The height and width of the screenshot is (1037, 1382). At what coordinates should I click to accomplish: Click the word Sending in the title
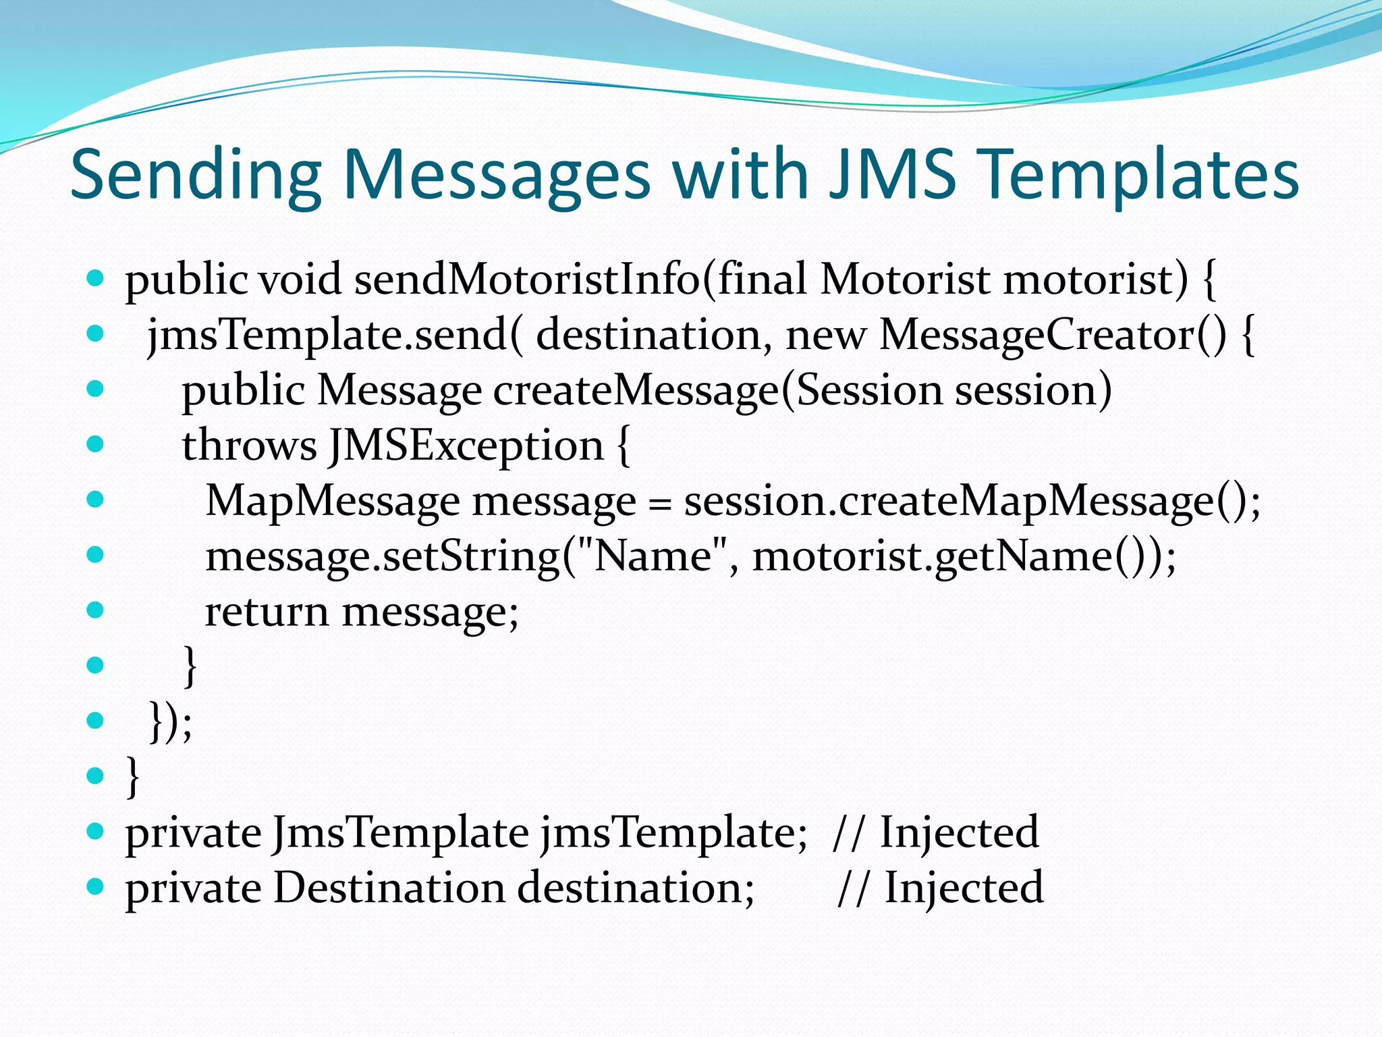pos(196,176)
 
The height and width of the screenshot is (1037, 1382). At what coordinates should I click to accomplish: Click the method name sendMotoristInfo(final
pos(580,280)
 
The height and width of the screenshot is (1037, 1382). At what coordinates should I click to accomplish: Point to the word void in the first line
pos(300,280)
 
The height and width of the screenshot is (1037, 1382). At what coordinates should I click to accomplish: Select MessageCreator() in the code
pos(1053,336)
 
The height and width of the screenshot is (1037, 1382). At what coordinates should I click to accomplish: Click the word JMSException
pos(466,446)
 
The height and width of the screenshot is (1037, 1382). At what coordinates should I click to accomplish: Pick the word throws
pos(249,446)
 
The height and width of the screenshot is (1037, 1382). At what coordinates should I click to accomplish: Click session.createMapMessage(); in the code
pos(972,502)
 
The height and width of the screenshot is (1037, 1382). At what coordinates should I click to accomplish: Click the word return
pos(267,612)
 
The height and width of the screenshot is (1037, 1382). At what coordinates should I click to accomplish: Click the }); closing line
pos(170,722)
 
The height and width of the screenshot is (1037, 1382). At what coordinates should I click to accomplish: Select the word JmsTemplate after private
pos(401,832)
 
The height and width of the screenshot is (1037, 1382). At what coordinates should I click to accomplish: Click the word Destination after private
pos(389,888)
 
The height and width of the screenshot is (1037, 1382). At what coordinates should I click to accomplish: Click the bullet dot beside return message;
pos(96,610)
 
